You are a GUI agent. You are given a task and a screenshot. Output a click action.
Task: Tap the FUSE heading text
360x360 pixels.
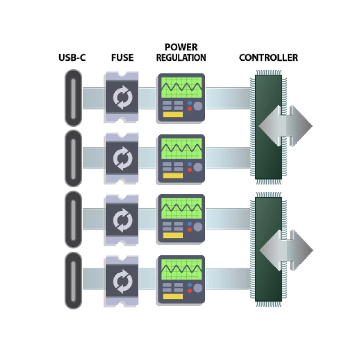[x=122, y=58]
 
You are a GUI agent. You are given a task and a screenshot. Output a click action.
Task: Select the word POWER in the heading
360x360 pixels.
[x=181, y=48]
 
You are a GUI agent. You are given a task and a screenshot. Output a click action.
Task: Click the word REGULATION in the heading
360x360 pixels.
[x=181, y=58]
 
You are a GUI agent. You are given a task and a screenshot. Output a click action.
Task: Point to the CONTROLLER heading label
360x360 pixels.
[x=268, y=58]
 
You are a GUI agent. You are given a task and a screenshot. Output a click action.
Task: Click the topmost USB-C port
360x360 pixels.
[x=73, y=98]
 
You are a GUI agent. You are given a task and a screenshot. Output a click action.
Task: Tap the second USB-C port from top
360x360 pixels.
[x=73, y=158]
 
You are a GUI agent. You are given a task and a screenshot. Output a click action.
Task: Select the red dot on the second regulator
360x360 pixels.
[x=189, y=170]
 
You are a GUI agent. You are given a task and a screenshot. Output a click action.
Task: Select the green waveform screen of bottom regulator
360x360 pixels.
[x=181, y=269]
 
